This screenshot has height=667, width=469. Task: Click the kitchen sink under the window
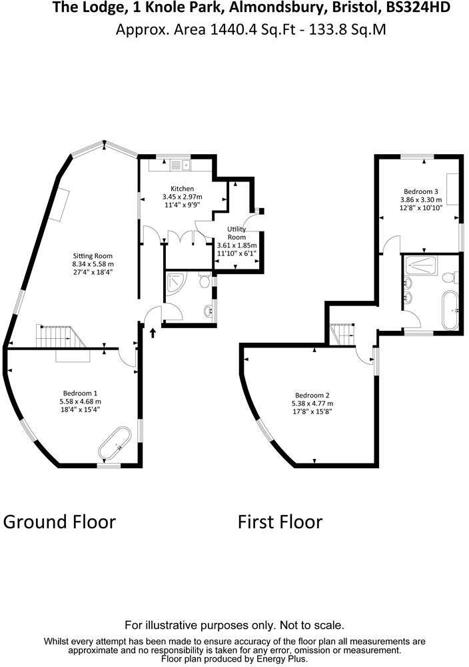click(181, 163)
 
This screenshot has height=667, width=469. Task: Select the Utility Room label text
click(236, 233)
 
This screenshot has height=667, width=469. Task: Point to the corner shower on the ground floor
click(177, 283)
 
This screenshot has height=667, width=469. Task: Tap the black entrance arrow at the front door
click(153, 331)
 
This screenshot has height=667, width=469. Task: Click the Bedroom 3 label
click(420, 191)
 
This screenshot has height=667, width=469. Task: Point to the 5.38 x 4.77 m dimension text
click(312, 404)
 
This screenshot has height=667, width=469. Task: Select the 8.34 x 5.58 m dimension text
click(93, 264)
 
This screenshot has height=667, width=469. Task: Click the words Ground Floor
click(59, 522)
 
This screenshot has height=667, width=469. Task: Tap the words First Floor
click(280, 522)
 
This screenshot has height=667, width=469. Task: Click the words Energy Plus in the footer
click(281, 659)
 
